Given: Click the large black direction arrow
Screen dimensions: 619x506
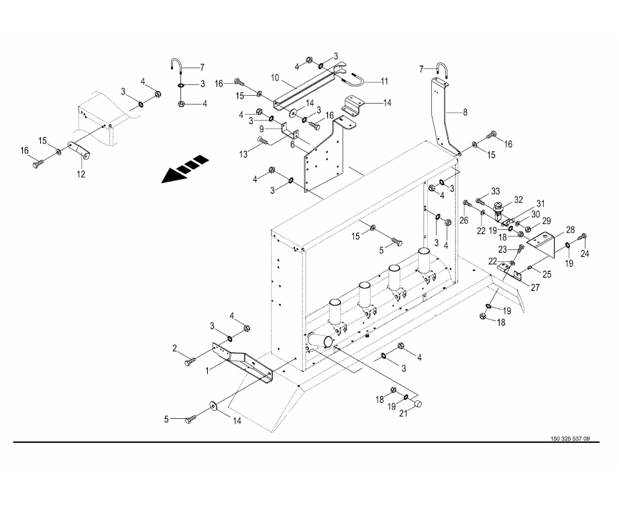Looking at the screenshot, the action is [x=184, y=169].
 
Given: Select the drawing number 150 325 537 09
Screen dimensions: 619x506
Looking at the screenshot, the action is [x=570, y=439].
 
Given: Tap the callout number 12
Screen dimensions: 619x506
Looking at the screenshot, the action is [x=81, y=174].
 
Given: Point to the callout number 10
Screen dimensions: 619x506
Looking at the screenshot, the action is [x=275, y=78].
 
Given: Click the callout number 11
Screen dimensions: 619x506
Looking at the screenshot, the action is [x=384, y=81].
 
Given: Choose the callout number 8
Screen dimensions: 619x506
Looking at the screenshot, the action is [x=465, y=113].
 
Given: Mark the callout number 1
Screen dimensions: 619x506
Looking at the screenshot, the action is [x=207, y=371].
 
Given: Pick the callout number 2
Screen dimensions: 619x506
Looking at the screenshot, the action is [x=174, y=348].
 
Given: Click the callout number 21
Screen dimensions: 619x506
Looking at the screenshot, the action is [x=403, y=414].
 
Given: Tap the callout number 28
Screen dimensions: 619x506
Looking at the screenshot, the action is [x=570, y=229].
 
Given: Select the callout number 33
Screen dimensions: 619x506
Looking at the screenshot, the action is [x=495, y=191].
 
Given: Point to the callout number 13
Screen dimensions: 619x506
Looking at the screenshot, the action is [x=243, y=154].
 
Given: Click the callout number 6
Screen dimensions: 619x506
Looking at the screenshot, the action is [x=292, y=145].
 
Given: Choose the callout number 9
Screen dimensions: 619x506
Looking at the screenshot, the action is [x=262, y=129].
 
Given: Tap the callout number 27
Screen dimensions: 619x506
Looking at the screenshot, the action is [x=535, y=288].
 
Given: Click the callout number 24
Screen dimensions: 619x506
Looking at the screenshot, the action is [x=585, y=254].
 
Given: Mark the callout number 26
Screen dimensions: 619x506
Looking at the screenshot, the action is [x=464, y=220].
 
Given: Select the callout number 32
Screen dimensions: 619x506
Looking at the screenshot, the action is [x=518, y=200].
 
